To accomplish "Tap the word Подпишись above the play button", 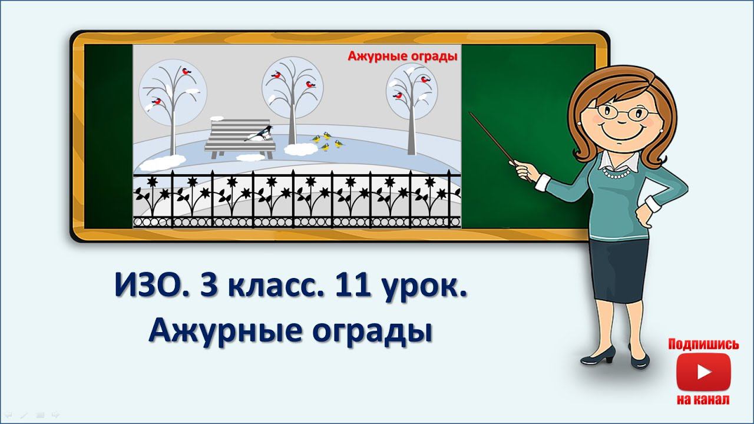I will (x=703, y=344).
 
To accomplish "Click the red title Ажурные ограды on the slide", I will (x=402, y=57).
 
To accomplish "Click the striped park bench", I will (x=239, y=138).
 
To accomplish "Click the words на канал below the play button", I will (x=703, y=400).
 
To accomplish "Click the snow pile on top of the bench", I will (x=217, y=118).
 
